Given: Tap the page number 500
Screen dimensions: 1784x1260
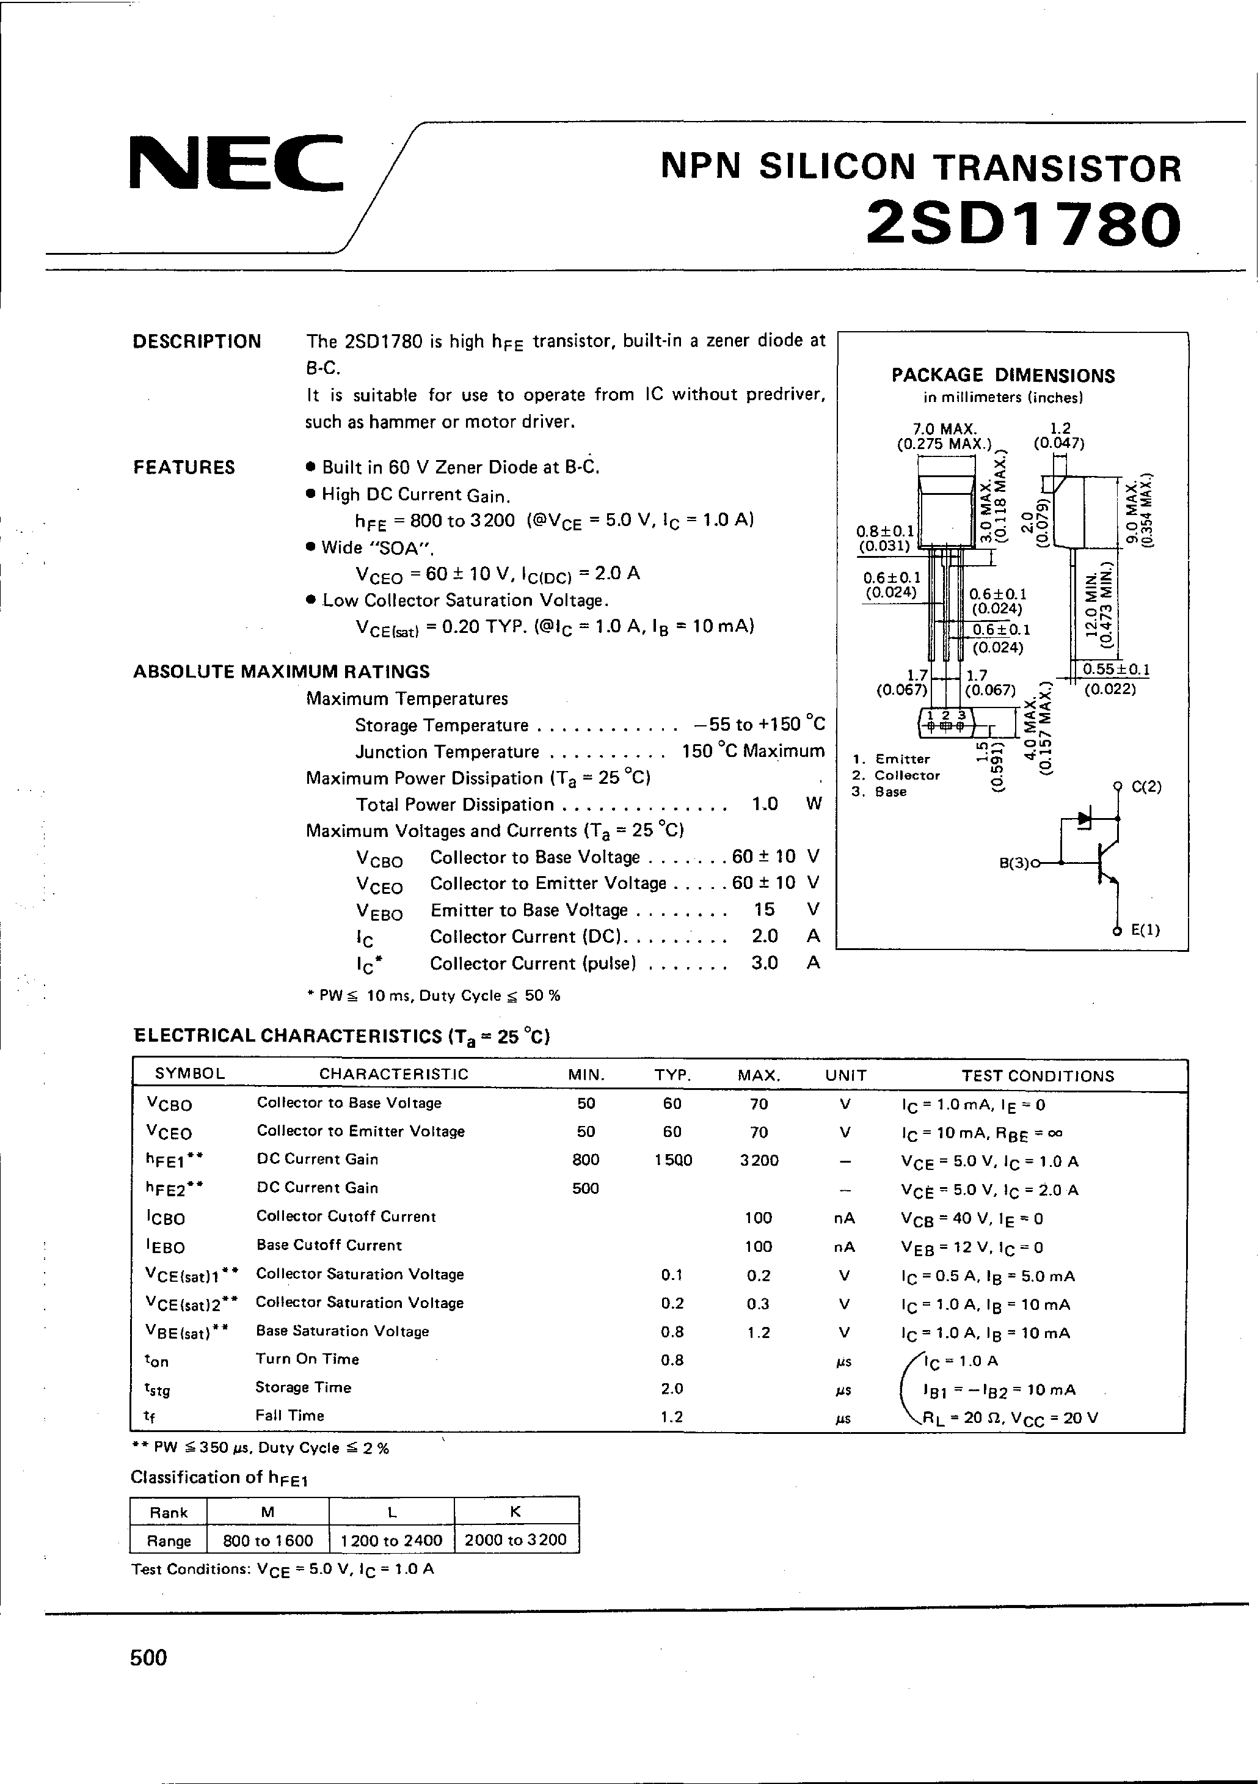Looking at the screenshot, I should click(x=148, y=1658).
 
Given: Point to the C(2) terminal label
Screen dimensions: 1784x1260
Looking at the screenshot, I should click(x=1146, y=786).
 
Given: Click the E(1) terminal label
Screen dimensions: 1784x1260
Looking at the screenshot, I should click(x=1145, y=930).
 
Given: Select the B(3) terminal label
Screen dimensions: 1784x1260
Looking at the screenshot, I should click(x=1014, y=863).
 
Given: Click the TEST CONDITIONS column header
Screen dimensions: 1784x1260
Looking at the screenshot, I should click(x=1038, y=1076).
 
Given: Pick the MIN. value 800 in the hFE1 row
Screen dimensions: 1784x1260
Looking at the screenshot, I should click(x=586, y=1160).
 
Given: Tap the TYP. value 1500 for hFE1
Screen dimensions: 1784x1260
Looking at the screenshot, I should click(x=672, y=1160).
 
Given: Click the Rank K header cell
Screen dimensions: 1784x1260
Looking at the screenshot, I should click(x=516, y=1512).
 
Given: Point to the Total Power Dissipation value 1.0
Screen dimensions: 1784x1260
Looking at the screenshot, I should click(x=765, y=804).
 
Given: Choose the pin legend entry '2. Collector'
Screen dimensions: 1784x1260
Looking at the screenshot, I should click(x=897, y=775).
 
